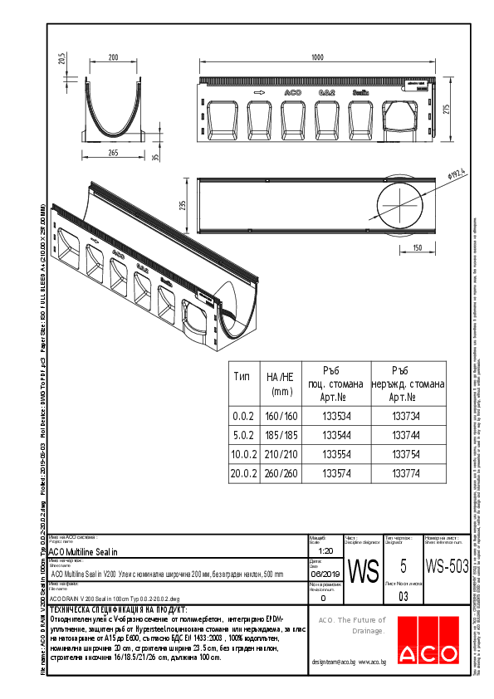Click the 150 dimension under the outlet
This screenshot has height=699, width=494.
point(418,247)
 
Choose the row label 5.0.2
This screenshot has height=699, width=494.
point(242,435)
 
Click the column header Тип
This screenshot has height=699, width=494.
point(242,376)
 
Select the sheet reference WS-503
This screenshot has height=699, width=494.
point(446,566)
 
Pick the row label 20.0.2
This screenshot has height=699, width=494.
point(242,474)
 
